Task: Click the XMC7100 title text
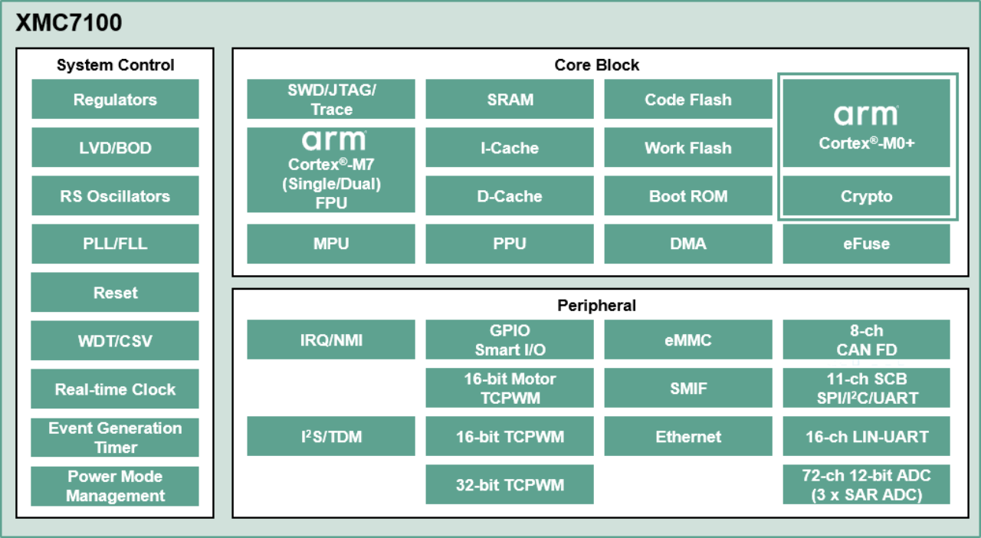69,24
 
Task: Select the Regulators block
115,100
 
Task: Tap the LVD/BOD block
115,148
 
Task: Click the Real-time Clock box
115,389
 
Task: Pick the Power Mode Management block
115,486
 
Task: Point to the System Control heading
115,65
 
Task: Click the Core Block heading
596,65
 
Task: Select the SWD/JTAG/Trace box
331,100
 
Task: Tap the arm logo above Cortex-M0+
866,115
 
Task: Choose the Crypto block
866,196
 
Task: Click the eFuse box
866,244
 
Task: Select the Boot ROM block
688,196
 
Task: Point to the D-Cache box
510,196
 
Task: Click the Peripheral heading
596,306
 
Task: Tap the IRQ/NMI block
331,340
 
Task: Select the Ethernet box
688,437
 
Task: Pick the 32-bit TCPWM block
510,484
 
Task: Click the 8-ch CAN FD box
866,340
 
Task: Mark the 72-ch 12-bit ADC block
866,484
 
